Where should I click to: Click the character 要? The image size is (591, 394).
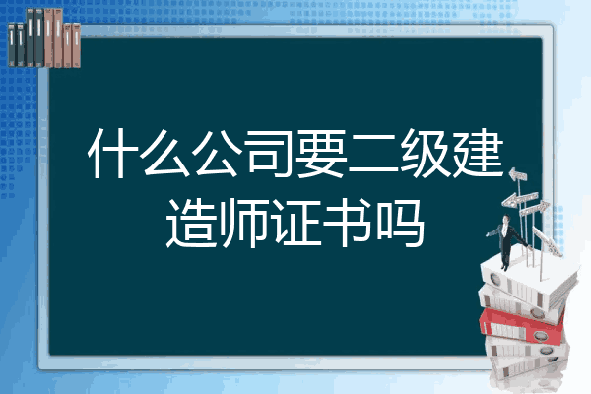click(321, 154)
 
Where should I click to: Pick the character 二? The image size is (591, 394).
click(373, 154)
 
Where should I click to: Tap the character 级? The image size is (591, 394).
click(426, 154)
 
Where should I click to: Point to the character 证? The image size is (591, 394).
click(296, 223)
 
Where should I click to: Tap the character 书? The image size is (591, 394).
click(348, 223)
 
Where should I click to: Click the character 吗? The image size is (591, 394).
click(401, 223)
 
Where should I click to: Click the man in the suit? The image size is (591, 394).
click(506, 241)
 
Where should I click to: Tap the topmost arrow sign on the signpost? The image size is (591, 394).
click(518, 175)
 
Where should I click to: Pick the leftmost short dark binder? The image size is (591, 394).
click(12, 44)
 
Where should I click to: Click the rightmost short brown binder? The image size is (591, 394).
click(77, 45)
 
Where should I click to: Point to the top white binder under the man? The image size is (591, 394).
click(528, 280)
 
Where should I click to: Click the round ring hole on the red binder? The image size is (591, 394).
click(539, 335)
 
